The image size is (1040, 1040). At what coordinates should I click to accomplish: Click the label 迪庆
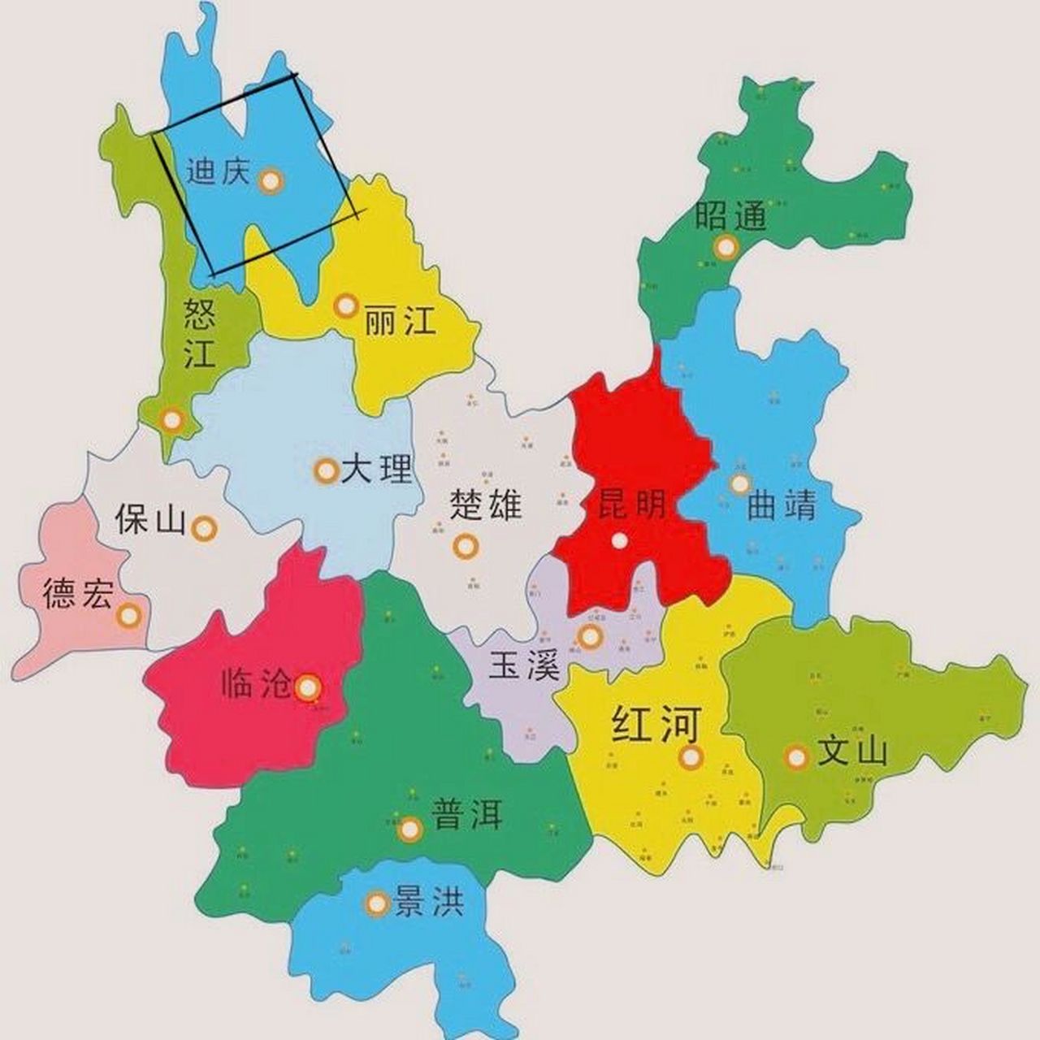pyautogui.click(x=217, y=171)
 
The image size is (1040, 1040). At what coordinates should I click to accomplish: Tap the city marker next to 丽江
pyautogui.click(x=346, y=306)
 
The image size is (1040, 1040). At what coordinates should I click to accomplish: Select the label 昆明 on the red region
pyautogui.click(x=632, y=505)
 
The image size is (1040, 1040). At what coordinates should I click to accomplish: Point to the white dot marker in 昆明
pyautogui.click(x=620, y=540)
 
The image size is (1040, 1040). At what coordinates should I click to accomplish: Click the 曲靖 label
pyautogui.click(x=781, y=505)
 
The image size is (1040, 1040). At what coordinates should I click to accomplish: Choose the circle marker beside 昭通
pyautogui.click(x=726, y=245)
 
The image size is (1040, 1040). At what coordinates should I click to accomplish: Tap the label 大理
pyautogui.click(x=377, y=470)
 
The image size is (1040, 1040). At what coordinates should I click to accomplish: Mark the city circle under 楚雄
pyautogui.click(x=466, y=547)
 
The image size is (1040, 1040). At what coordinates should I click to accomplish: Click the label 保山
pyautogui.click(x=150, y=520)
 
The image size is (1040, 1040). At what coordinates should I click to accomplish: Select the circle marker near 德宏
pyautogui.click(x=128, y=616)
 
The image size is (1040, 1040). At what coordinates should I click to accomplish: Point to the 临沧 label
pyautogui.click(x=256, y=685)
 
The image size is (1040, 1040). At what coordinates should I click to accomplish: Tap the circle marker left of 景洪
pyautogui.click(x=377, y=903)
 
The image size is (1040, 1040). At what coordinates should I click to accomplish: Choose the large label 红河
pyautogui.click(x=655, y=725)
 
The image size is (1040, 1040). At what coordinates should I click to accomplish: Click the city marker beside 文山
pyautogui.click(x=797, y=757)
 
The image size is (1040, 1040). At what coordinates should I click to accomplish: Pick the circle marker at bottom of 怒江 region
pyautogui.click(x=171, y=420)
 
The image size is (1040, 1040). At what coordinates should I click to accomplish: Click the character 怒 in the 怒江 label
pyautogui.click(x=200, y=313)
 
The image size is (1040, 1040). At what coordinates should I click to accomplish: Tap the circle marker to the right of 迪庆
pyautogui.click(x=271, y=180)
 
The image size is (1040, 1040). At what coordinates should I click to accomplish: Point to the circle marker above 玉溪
pyautogui.click(x=591, y=636)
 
